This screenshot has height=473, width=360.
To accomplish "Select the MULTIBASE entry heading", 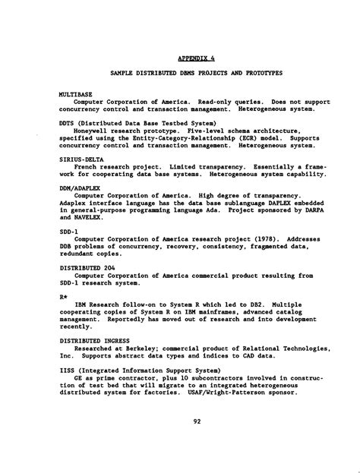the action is pos(74,94).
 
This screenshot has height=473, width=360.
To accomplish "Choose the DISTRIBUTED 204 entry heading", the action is pos(86,268).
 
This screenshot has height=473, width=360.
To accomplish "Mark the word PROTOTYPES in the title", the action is pos(254,74).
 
